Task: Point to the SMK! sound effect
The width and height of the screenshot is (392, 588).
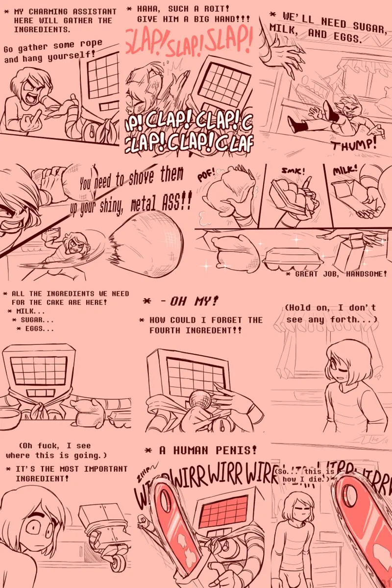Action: [x=293, y=172]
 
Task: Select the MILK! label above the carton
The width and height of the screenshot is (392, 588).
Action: [x=345, y=171]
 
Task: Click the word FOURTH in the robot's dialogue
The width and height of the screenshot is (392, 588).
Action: [x=167, y=331]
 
